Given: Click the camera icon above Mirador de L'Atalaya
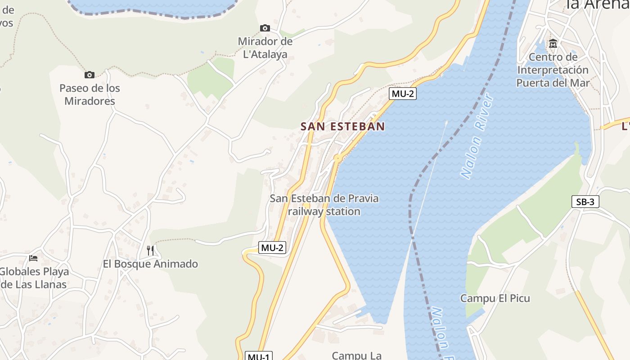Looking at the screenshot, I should [x=265, y=28].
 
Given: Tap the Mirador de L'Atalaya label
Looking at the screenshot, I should [x=265, y=48].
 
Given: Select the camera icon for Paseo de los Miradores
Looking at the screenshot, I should [x=90, y=75].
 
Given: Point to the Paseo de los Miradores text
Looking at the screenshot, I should [x=90, y=94].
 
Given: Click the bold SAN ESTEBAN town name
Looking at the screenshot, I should [x=343, y=126].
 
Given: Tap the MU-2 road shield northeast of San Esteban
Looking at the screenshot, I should [x=402, y=94].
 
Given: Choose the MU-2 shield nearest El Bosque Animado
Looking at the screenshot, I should [x=273, y=247].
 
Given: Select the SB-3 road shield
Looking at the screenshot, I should [x=585, y=202].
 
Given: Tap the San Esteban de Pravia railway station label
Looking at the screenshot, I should [x=324, y=205].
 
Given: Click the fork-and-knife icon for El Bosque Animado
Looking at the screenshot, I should [x=150, y=250].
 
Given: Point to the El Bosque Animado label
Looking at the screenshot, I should [x=150, y=264].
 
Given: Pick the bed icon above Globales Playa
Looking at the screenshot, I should [x=33, y=258].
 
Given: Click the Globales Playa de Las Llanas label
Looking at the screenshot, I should [x=34, y=278].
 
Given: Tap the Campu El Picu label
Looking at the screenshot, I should [x=495, y=298].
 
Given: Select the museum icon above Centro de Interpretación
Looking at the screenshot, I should [x=553, y=44].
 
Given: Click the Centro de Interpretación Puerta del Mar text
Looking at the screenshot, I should [x=553, y=70].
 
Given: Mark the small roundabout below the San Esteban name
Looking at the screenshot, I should [x=337, y=157].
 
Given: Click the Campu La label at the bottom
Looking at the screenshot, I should [x=356, y=355].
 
